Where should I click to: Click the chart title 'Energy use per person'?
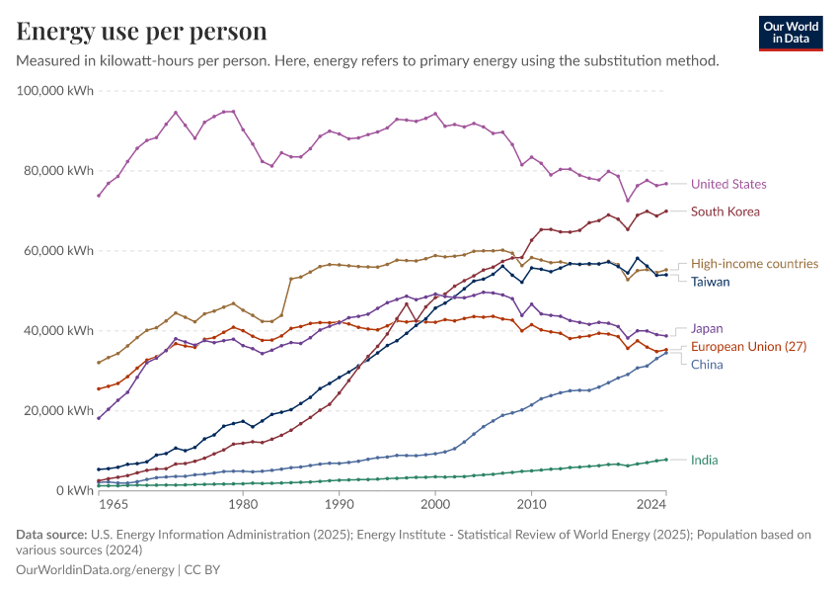click(x=142, y=32)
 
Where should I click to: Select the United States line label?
click(x=728, y=184)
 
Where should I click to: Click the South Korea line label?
click(x=725, y=211)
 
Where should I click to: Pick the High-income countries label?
click(x=754, y=264)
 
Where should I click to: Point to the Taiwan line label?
click(x=711, y=282)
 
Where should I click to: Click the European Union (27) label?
click(x=748, y=346)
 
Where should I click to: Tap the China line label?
click(x=707, y=365)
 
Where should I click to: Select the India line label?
click(x=705, y=460)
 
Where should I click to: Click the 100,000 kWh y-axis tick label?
click(x=55, y=90)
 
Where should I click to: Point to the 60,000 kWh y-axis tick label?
click(x=59, y=250)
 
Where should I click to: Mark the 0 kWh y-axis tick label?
click(x=75, y=490)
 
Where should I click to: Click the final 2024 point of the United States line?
click(x=666, y=183)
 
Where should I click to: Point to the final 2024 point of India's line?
click(x=666, y=460)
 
